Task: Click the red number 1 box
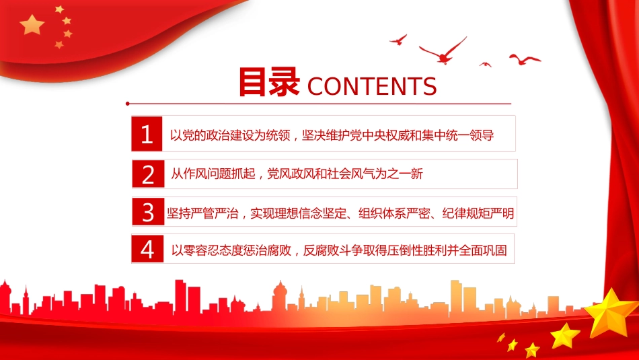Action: pos(147,135)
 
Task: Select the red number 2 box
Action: pos(147,175)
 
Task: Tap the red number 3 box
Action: pos(147,213)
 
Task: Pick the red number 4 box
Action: pos(147,250)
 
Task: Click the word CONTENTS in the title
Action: pos(371,87)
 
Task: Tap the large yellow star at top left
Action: pos(32,25)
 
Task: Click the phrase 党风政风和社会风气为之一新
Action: pos(344,175)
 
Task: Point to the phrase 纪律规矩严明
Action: pos(478,214)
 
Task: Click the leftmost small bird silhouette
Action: pos(398,39)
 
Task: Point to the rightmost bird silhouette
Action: pos(525,60)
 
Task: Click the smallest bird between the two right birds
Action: pos(485,64)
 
